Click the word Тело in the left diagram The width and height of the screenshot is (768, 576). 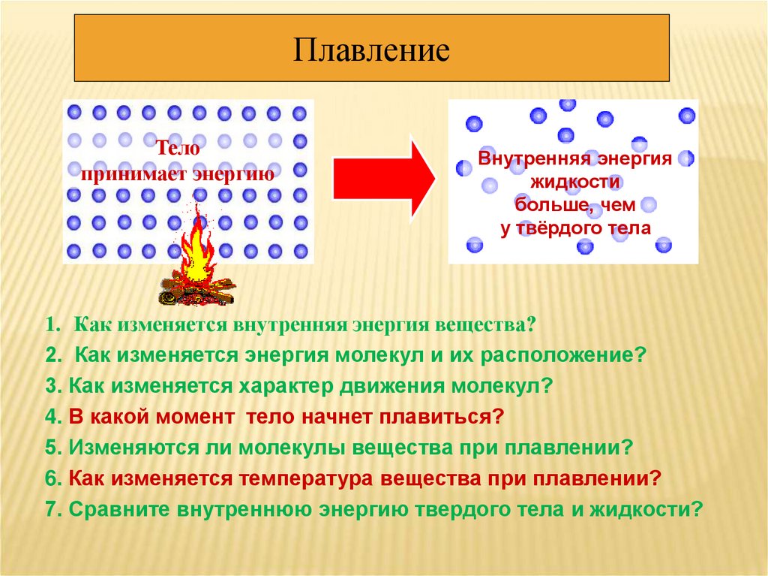tap(178, 149)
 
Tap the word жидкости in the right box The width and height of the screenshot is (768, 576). tap(574, 182)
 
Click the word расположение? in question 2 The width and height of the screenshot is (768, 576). tap(575, 354)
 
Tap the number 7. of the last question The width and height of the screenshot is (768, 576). tap(52, 508)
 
